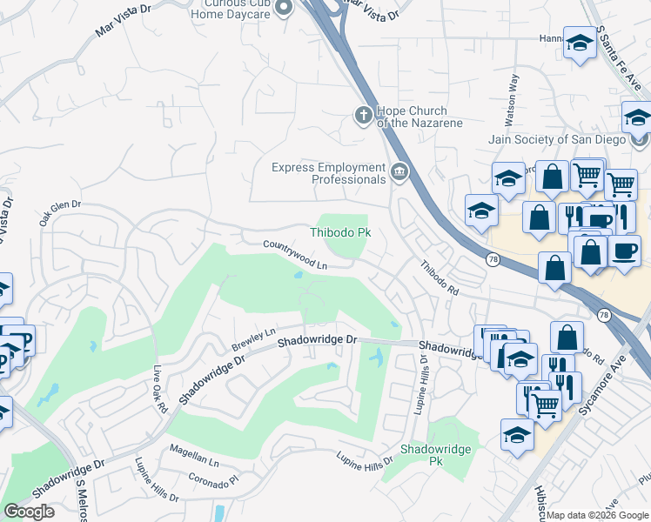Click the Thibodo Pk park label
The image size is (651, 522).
(x=341, y=233)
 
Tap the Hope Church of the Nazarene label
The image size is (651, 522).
(x=412, y=117)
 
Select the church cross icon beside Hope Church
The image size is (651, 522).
(x=363, y=114)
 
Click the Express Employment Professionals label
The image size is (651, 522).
(x=328, y=173)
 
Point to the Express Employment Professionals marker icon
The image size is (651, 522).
(x=399, y=171)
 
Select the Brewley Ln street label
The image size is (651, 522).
(x=253, y=340)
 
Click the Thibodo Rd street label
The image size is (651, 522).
(x=440, y=278)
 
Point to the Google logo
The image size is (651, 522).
(x=29, y=512)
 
